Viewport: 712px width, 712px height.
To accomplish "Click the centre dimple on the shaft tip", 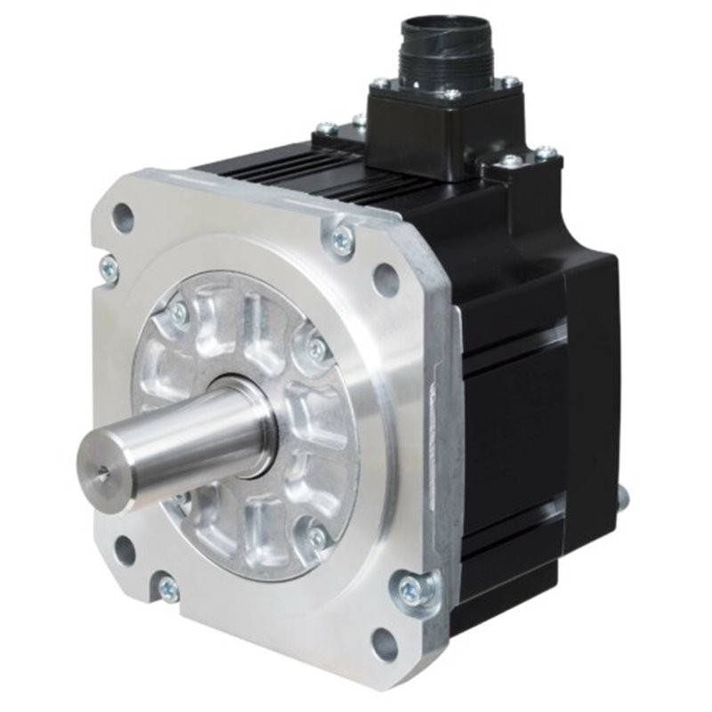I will (105, 474).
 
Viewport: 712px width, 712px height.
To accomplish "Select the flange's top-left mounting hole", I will (123, 215).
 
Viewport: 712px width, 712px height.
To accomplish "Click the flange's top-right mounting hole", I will (385, 279).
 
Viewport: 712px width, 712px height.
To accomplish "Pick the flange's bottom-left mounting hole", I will (125, 550).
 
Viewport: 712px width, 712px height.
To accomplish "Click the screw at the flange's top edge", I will (341, 238).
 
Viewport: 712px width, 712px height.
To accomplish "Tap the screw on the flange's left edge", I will (109, 268).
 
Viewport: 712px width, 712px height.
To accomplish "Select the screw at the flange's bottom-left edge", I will (167, 588).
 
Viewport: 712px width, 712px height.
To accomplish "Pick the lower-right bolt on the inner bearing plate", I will (316, 537).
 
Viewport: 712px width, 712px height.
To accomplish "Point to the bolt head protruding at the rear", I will (622, 497).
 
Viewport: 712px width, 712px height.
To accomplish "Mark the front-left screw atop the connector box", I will (380, 84).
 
